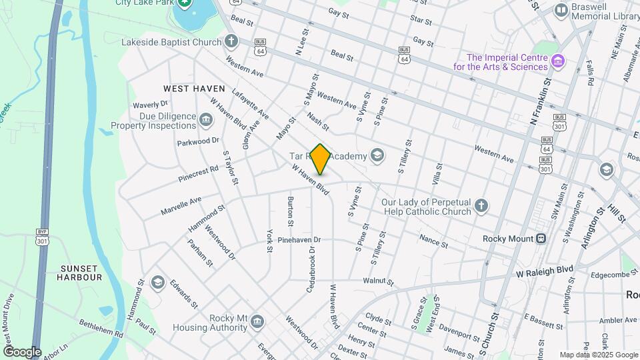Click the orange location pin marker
tap(321, 159)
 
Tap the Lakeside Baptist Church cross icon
tap(231, 42)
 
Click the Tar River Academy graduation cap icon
tap(378, 156)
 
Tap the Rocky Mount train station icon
tap(541, 239)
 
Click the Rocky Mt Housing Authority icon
tap(257, 323)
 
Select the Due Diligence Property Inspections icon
tap(205, 121)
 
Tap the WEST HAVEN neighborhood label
tap(194, 89)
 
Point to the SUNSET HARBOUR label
tap(81, 272)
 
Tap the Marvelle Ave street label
tap(181, 205)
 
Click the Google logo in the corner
tap(22, 352)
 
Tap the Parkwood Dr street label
tap(198, 141)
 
